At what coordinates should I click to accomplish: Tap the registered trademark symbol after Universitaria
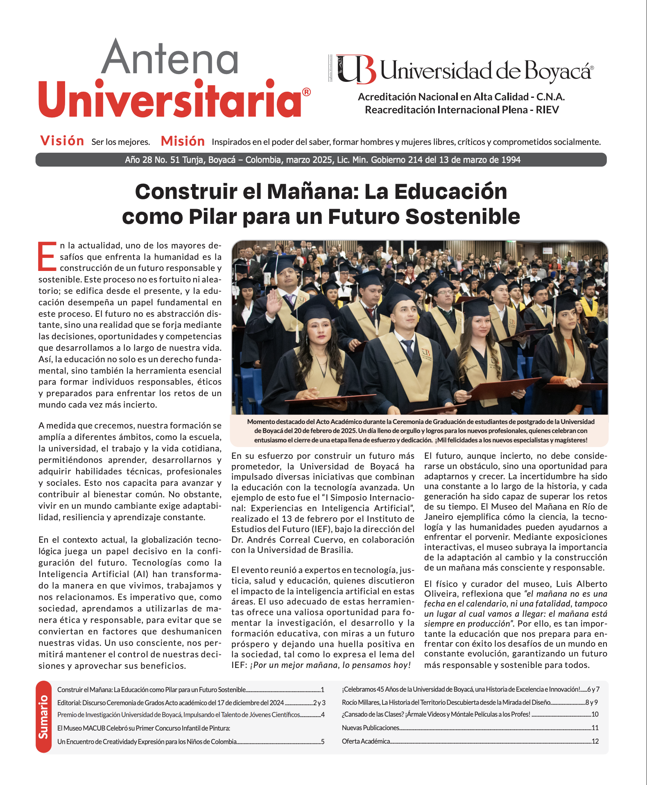306,92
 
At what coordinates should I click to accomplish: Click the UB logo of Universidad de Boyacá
355,69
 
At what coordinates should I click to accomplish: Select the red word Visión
62,141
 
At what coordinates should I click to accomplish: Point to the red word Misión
183,141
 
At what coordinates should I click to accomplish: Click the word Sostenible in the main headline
463,217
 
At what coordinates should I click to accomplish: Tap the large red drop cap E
47,257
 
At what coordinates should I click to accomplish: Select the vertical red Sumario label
43,717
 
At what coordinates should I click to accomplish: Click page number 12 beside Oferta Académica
595,741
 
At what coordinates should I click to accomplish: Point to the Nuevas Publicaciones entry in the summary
370,728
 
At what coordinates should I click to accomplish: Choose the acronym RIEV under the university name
547,110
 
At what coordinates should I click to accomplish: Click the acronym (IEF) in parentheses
322,529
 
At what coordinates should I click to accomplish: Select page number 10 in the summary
595,714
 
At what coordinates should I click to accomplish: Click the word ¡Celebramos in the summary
359,689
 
